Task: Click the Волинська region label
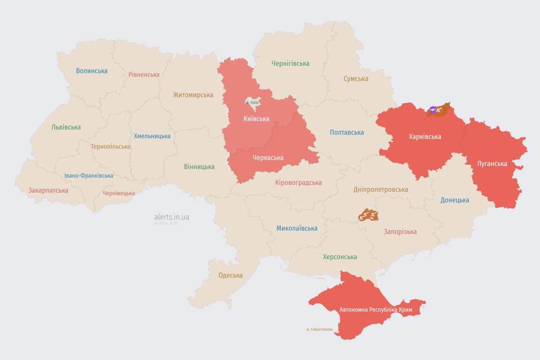click(x=92, y=71)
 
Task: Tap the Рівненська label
click(x=144, y=75)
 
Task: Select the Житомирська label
click(x=193, y=95)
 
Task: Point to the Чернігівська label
click(x=291, y=63)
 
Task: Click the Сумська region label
click(x=356, y=79)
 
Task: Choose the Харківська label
click(x=425, y=137)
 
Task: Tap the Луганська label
click(x=492, y=164)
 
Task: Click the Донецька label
click(x=455, y=200)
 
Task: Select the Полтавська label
click(x=347, y=133)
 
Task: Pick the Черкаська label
click(x=268, y=158)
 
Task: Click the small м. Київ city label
click(x=252, y=102)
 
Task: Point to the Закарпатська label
click(x=48, y=190)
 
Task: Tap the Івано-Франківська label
click(x=89, y=176)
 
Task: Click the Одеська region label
click(x=231, y=275)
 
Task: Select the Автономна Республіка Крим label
click(x=375, y=310)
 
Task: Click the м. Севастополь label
click(x=319, y=330)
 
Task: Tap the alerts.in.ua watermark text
click(x=172, y=217)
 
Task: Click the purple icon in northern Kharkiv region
click(x=433, y=110)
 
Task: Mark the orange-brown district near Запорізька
click(x=368, y=215)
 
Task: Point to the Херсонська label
click(x=340, y=257)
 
